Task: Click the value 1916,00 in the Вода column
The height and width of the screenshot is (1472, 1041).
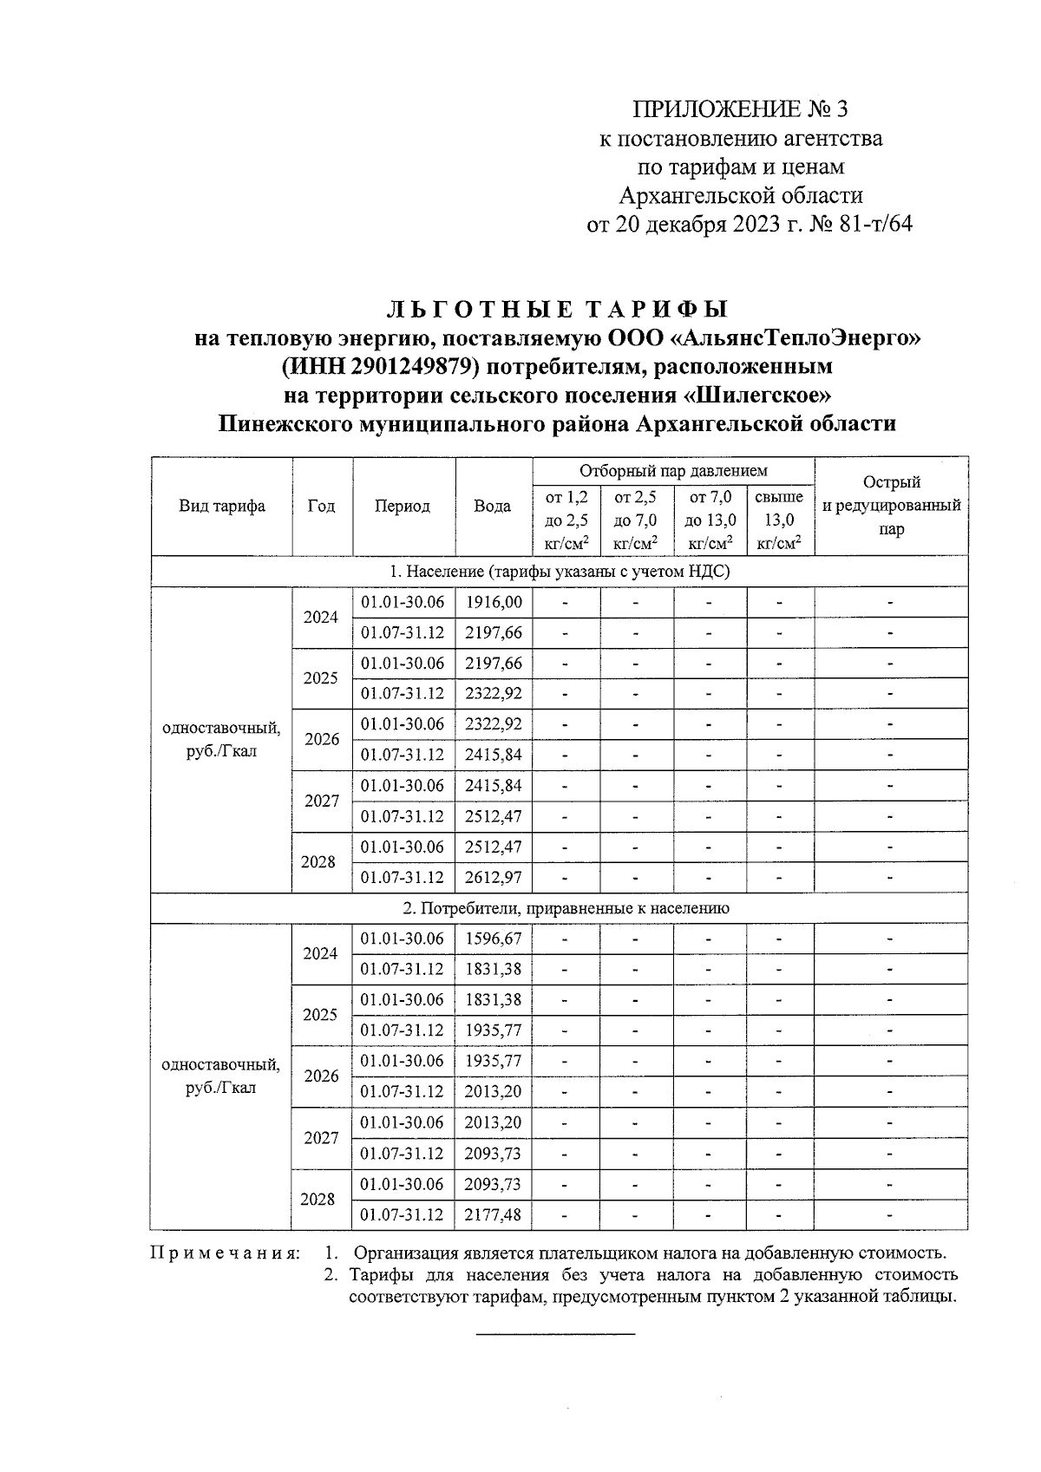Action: click(493, 602)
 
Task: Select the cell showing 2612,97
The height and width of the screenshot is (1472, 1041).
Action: click(493, 878)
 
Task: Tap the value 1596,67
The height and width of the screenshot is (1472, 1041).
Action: click(493, 939)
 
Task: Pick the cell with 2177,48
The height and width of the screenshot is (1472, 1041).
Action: click(493, 1214)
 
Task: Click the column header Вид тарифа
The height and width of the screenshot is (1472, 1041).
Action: click(222, 507)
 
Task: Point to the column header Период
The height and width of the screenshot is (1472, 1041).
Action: click(403, 507)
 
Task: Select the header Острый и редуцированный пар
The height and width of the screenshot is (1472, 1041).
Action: click(891, 506)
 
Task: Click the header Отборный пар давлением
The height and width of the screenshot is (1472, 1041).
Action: click(673, 471)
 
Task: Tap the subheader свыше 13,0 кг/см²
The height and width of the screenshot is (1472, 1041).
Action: click(779, 520)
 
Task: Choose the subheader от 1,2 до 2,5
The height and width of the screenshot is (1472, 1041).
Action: click(566, 520)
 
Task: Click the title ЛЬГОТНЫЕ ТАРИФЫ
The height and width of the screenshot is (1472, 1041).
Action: click(556, 310)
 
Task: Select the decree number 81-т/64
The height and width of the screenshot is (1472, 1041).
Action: click(876, 225)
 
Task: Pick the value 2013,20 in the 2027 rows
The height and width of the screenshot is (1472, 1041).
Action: click(493, 1122)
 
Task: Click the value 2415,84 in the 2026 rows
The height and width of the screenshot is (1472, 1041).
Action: click(493, 755)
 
